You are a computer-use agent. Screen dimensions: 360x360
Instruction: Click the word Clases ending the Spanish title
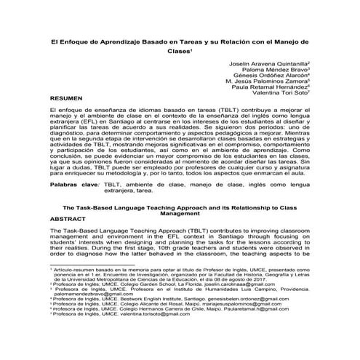(x=179, y=52)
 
